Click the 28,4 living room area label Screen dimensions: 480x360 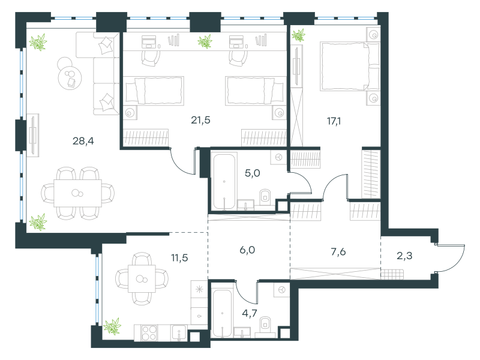tap(83, 141)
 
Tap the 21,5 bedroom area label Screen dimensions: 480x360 tap(200, 121)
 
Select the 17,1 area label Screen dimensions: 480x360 tap(334, 121)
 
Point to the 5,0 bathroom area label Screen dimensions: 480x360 tap(252, 173)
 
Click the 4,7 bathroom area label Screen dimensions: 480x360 tap(250, 313)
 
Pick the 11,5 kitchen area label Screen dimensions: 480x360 tap(179, 258)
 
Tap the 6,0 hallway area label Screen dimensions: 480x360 tap(247, 250)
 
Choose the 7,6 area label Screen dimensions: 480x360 tap(338, 251)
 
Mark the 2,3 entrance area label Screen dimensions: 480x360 tap(404, 256)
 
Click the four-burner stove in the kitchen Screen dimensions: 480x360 tap(149, 333)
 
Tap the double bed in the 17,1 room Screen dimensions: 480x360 tap(350, 67)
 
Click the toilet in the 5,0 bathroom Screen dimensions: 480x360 tap(265, 197)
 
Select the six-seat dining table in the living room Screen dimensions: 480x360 tap(78, 193)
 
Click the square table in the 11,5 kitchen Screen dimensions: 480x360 tap(142, 278)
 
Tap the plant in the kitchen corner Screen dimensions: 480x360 tap(112, 326)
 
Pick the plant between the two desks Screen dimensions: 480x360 tap(205, 41)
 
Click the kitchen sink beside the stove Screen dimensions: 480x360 tap(179, 333)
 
